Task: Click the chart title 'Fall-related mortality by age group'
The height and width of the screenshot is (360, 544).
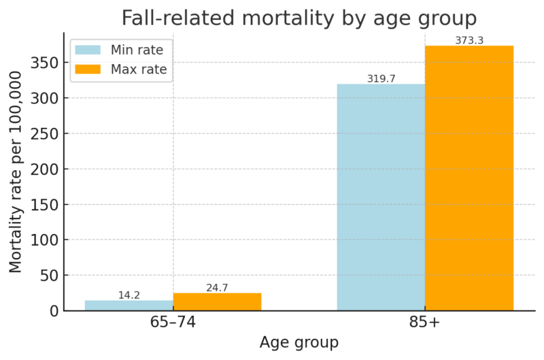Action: [299, 18]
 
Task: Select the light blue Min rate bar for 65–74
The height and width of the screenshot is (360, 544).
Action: [129, 306]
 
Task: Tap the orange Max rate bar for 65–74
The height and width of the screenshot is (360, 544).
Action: [217, 301]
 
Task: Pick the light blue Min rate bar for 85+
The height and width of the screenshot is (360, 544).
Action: [381, 197]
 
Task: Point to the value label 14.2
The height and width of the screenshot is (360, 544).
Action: [129, 295]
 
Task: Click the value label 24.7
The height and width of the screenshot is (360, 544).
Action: [217, 288]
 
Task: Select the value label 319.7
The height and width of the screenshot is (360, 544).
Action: [381, 79]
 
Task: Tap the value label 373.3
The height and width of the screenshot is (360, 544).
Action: [469, 41]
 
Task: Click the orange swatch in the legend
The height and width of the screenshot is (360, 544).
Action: [88, 69]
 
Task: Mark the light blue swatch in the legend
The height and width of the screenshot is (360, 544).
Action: [88, 50]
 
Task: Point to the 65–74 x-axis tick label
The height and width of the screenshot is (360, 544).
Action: [173, 323]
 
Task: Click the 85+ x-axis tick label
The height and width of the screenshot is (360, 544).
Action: [425, 323]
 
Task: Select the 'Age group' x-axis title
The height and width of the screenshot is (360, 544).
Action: [299, 343]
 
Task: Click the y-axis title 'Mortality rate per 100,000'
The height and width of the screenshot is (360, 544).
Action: [16, 171]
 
